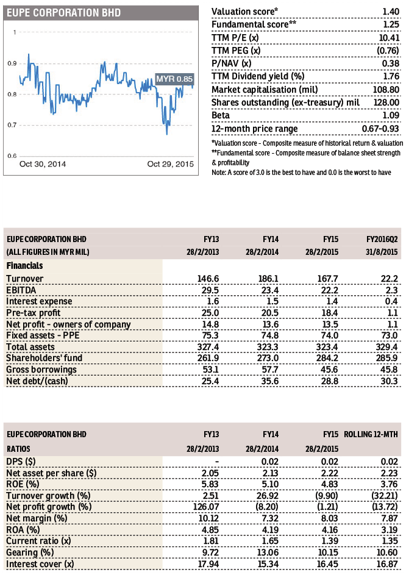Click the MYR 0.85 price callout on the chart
pyautogui.click(x=174, y=79)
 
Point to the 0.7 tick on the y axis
pyautogui.click(x=12, y=125)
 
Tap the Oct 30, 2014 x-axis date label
pyautogui.click(x=43, y=164)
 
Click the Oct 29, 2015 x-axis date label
pyautogui.click(x=171, y=164)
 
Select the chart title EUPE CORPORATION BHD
pyautogui.click(x=63, y=13)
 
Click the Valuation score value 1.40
pyautogui.click(x=391, y=12)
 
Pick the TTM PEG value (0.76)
pyautogui.click(x=388, y=51)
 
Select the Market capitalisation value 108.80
pyautogui.click(x=387, y=90)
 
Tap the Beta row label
pyautogui.click(x=221, y=115)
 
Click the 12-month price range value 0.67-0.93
pyautogui.click(x=380, y=129)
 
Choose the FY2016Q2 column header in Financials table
pyautogui.click(x=382, y=240)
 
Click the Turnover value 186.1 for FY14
pyautogui.click(x=268, y=279)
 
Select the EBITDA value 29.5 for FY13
pyautogui.click(x=210, y=290)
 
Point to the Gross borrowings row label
pyautogui.click(x=41, y=370)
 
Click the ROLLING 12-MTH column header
pyautogui.click(x=371, y=435)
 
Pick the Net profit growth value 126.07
pyautogui.click(x=206, y=507)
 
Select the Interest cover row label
pyautogui.click(x=40, y=564)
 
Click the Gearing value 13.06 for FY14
pyautogui.click(x=268, y=552)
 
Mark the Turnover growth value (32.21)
pyautogui.click(x=385, y=496)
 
